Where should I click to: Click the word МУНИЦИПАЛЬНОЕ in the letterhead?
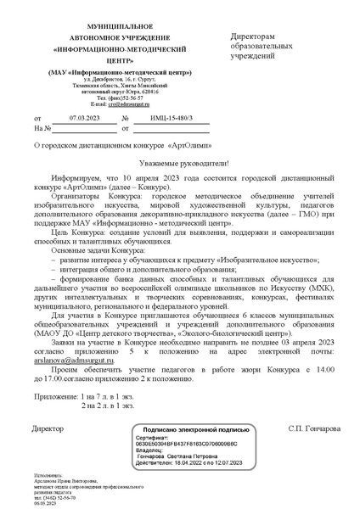[95, 29]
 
